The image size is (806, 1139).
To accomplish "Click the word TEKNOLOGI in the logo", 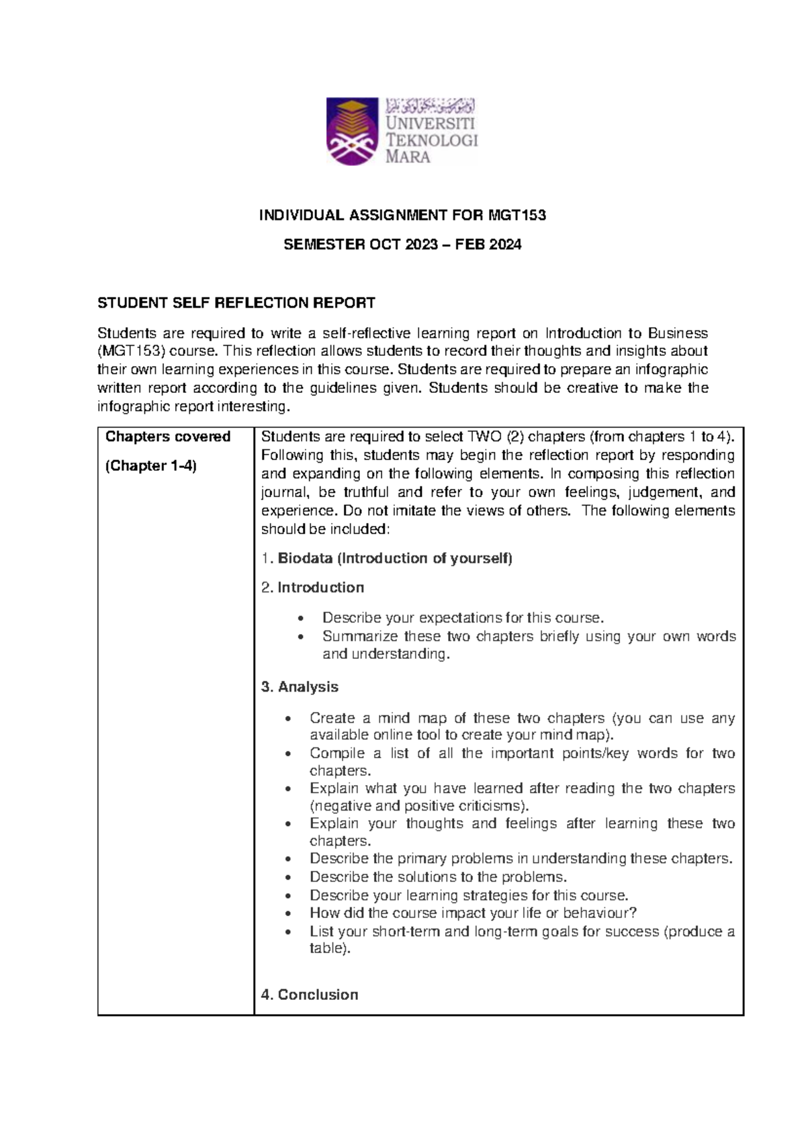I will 431,140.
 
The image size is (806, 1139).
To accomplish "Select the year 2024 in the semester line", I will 505,245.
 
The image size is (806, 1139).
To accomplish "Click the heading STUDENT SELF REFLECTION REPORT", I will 236,303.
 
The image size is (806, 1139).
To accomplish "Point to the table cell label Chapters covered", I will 168,437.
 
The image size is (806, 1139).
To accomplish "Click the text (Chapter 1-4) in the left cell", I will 151,466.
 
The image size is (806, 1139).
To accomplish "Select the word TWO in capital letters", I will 484,437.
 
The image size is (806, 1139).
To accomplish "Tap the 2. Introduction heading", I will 313,588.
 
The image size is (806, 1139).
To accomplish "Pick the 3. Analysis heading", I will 300,687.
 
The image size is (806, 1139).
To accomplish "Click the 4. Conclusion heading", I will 310,995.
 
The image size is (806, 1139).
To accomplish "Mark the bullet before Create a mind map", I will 288,719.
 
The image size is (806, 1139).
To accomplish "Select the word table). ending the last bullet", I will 330,949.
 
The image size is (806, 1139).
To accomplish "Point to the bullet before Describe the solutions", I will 288,878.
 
